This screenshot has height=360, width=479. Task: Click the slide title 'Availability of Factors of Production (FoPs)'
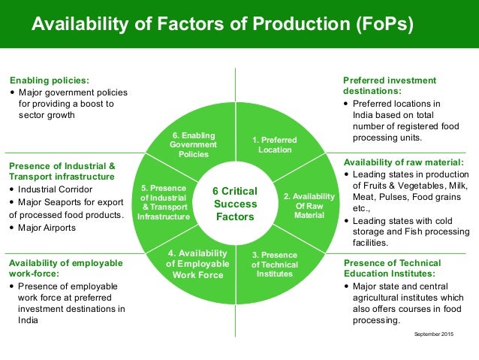coord(222,24)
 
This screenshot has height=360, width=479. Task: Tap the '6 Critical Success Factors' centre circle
coord(236,204)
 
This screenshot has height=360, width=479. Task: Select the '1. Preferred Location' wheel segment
coord(274,145)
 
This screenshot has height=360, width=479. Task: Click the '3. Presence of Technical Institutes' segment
coord(275,264)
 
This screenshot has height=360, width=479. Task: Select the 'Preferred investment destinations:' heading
coord(389,86)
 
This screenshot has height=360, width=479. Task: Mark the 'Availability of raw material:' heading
coord(403,162)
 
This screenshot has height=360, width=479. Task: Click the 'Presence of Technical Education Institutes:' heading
coord(392,268)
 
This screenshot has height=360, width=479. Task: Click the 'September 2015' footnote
coord(435,333)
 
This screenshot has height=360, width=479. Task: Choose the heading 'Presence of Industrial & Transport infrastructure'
coord(62,171)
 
